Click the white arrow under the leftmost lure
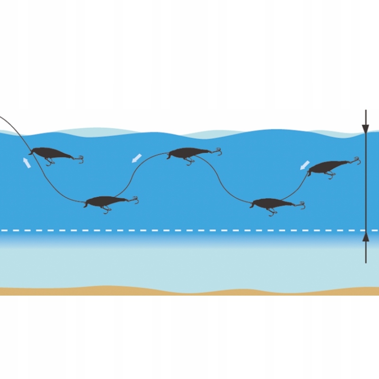pyautogui.click(x=27, y=163)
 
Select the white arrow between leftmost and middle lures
pyautogui.click(x=137, y=157)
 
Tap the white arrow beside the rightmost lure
pyautogui.click(x=305, y=165)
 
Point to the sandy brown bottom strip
pyautogui.click(x=189, y=291)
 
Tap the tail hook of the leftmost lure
pyautogui.click(x=80, y=159)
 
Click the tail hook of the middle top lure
pyautogui.click(x=217, y=152)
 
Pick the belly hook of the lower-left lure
pyautogui.click(x=107, y=209)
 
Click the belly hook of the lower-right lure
pyautogui.click(x=271, y=212)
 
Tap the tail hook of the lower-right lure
pyautogui.click(x=301, y=205)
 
